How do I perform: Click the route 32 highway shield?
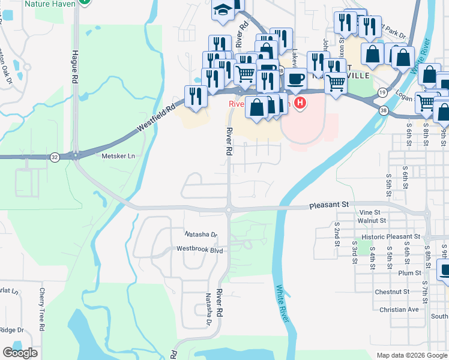(55, 157)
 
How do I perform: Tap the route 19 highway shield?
(382, 92)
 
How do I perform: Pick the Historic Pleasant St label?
(386, 237)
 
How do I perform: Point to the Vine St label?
(369, 212)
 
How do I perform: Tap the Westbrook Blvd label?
(199, 248)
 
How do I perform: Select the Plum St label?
(410, 273)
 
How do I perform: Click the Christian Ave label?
(399, 310)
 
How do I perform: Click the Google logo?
(20, 353)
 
